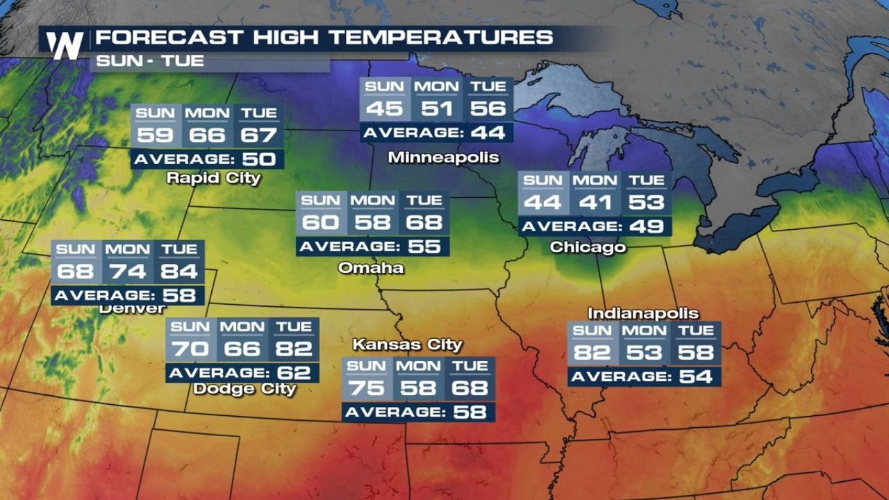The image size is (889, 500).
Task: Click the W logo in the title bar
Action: [x=65, y=46]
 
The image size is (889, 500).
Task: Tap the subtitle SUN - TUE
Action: [x=150, y=60]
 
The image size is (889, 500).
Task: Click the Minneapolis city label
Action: [x=443, y=158]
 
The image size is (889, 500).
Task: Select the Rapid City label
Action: [x=213, y=178]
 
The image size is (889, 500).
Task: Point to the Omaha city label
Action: [x=371, y=267]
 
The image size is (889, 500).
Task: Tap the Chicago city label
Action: [x=588, y=247]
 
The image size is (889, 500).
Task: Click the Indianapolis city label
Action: [x=643, y=313]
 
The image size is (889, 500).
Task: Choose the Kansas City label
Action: [x=407, y=344]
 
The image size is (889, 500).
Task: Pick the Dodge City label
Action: [x=244, y=389]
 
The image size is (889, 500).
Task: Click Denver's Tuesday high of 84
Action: [x=179, y=272]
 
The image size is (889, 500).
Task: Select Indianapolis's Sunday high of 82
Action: [x=592, y=353]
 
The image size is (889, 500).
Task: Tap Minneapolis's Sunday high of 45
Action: [x=384, y=109]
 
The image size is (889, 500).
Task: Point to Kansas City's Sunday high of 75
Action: [x=366, y=388]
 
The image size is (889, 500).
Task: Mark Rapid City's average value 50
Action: [x=259, y=159]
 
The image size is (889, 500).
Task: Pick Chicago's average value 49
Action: [x=647, y=226]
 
